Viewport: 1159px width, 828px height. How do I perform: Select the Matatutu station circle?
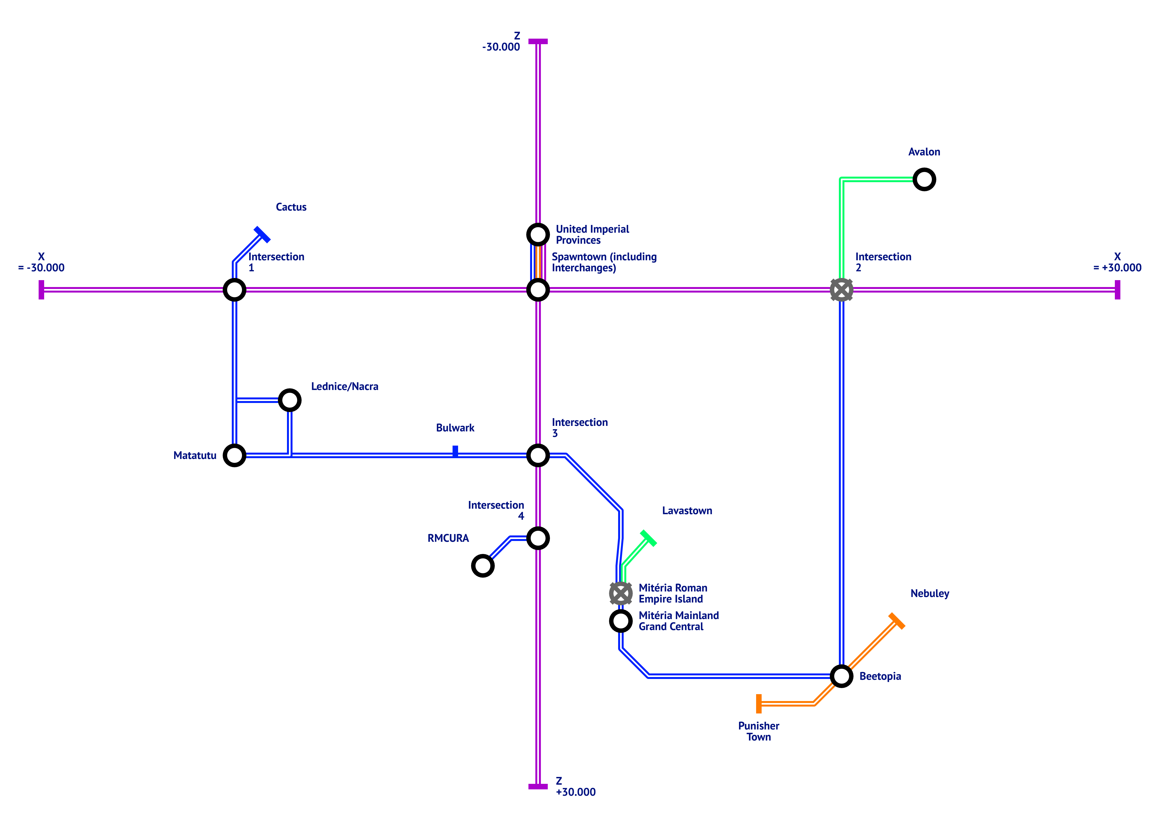[x=235, y=455]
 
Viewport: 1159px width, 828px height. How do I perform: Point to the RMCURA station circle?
[x=483, y=566]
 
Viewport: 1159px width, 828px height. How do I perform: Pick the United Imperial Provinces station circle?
[x=538, y=235]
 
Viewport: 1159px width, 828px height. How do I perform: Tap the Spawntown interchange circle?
[x=538, y=290]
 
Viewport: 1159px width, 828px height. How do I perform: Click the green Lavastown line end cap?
[x=648, y=538]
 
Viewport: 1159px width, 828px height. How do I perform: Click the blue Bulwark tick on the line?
[x=455, y=451]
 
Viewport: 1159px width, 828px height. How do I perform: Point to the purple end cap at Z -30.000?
[x=538, y=41]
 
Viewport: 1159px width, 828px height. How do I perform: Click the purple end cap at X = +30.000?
[x=1117, y=290]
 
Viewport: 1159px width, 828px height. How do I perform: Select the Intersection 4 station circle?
[x=538, y=538]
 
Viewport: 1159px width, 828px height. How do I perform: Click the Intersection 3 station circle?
[x=538, y=455]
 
